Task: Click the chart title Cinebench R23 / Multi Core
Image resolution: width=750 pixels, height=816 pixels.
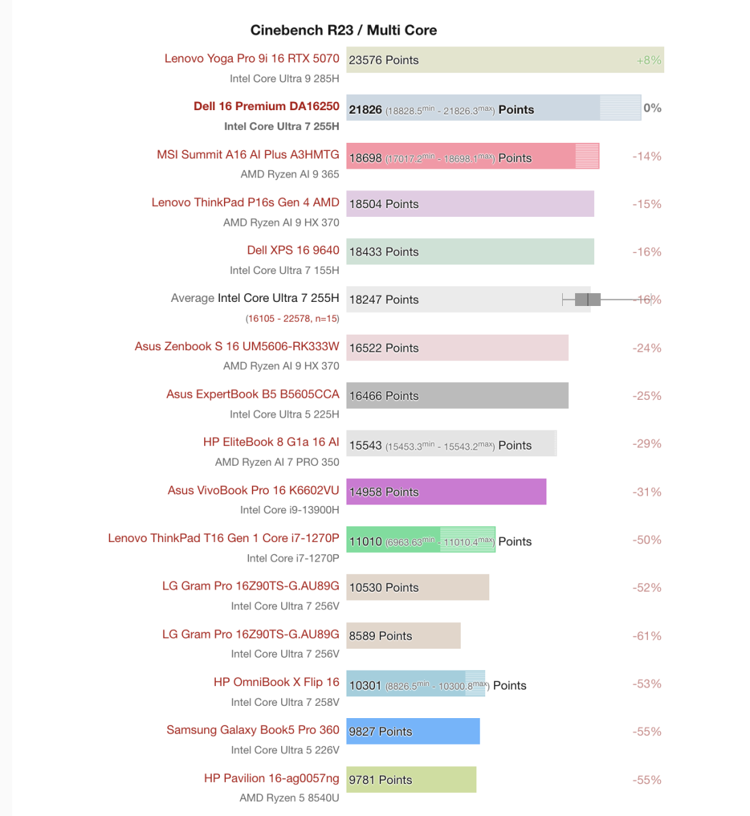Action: coord(343,30)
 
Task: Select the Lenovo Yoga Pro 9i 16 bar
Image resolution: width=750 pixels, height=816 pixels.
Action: coord(504,60)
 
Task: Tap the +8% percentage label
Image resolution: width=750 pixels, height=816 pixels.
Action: coord(649,60)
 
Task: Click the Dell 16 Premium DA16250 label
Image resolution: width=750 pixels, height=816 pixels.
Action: coord(266,106)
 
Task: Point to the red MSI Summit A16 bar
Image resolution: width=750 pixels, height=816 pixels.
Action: coord(472,156)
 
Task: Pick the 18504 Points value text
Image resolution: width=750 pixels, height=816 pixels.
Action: coord(384,204)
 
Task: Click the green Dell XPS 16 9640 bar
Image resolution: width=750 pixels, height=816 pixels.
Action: coord(470,252)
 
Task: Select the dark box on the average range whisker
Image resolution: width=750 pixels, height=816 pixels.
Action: coord(587,299)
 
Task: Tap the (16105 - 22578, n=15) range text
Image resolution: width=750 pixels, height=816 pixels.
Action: coord(292,318)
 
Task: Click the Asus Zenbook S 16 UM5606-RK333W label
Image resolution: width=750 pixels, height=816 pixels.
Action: coord(237,346)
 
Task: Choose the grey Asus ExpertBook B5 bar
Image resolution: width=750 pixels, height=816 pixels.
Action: coord(457,396)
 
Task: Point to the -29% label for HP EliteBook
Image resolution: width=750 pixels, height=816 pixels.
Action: coord(647,443)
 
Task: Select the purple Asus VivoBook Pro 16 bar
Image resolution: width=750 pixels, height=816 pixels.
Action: coord(446,492)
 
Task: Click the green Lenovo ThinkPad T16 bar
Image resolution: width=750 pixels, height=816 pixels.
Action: coord(420,540)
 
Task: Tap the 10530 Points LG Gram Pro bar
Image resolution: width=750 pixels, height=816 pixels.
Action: coord(417,588)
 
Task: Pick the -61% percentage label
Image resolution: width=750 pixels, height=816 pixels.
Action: coord(647,636)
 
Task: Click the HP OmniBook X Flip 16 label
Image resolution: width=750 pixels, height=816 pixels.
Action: coord(276,682)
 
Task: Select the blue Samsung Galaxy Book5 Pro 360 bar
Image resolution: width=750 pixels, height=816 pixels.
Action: coord(412,732)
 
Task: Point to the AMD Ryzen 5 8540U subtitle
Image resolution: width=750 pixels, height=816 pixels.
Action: coord(289,798)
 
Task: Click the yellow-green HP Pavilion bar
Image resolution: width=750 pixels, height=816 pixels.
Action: coord(411,780)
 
